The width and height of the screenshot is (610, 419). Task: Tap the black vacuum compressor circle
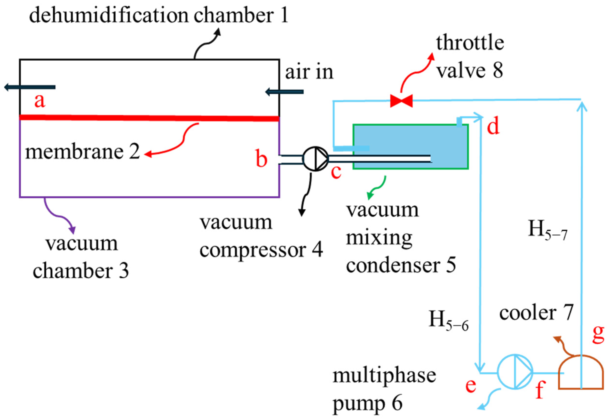[316, 159]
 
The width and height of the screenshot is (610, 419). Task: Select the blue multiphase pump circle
[515, 372]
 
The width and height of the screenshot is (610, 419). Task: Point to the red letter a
[40, 101]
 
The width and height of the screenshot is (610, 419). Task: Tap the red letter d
[493, 126]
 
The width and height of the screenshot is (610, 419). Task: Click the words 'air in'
[309, 72]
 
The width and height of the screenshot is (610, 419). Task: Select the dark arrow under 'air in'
[285, 92]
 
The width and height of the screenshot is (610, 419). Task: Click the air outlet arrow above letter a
[30, 87]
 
